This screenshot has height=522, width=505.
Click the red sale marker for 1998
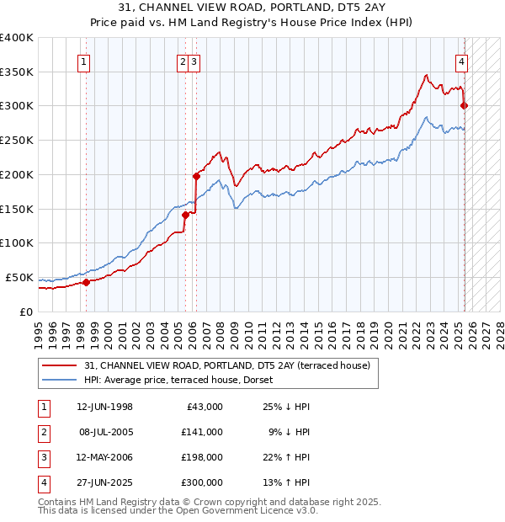click(86, 282)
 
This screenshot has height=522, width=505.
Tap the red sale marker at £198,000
click(196, 176)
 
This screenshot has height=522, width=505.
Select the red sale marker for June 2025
click(465, 105)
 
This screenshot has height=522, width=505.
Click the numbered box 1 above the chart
click(85, 61)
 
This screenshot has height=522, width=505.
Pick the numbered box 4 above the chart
click(463, 61)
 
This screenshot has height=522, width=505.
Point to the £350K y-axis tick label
click(17, 72)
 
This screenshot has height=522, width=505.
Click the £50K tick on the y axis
click(20, 278)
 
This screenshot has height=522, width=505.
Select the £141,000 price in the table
click(203, 432)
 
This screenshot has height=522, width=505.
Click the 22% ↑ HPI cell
click(285, 457)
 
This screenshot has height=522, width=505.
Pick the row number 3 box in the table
click(43, 457)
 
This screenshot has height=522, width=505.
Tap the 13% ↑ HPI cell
click(285, 482)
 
